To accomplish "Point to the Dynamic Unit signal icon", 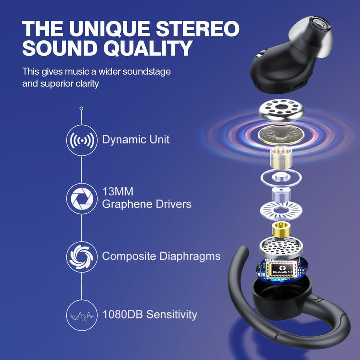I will tap(81, 140).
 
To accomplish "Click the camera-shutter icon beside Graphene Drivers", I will tap(81, 198).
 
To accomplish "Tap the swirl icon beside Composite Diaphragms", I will tap(81, 256).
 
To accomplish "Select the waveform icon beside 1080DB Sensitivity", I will tap(81, 315).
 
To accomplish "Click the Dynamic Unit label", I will tap(136, 140).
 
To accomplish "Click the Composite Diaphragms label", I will tap(161, 256).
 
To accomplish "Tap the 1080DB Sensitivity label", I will tap(149, 315).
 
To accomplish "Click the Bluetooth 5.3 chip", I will tap(283, 270).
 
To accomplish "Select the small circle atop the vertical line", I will tap(81, 108).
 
